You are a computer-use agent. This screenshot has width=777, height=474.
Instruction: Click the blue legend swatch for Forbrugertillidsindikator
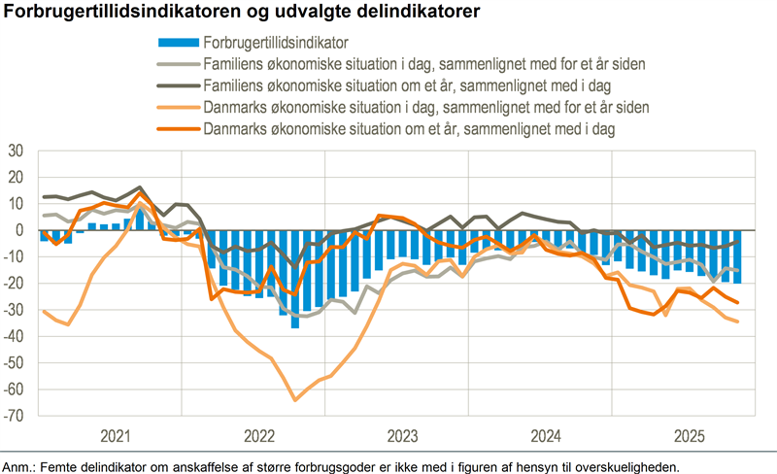pyautogui.click(x=178, y=42)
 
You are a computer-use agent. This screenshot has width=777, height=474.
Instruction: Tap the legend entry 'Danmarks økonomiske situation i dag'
pyautogui.click(x=426, y=106)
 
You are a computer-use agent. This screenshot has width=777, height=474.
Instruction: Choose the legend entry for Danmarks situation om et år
pyautogui.click(x=413, y=127)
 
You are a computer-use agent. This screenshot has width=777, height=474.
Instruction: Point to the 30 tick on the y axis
pyautogui.click(x=16, y=151)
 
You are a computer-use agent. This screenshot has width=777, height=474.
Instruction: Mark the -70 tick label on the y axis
pyautogui.click(x=14, y=416)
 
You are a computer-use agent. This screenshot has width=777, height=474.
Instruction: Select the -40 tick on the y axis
pyautogui.click(x=14, y=336)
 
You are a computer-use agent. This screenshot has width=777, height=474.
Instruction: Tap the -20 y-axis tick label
pyautogui.click(x=14, y=284)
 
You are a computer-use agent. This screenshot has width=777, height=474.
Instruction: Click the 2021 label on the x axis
pyautogui.click(x=116, y=434)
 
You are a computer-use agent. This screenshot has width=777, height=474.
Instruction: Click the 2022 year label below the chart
pyautogui.click(x=258, y=434)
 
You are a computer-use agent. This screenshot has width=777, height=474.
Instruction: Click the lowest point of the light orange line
pyautogui.click(x=295, y=399)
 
